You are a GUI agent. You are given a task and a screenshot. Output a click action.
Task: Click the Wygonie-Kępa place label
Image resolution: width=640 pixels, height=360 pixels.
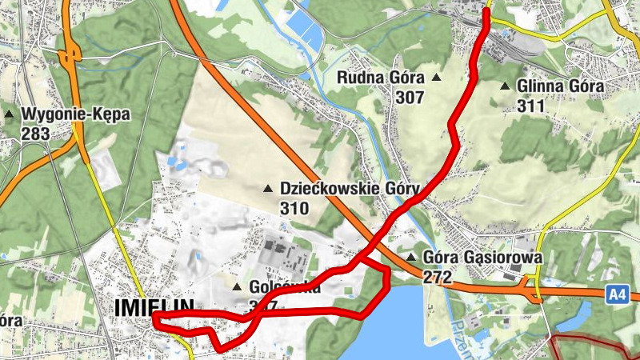point(77,114)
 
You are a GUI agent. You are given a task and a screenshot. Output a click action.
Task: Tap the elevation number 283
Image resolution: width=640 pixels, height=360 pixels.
point(36,134)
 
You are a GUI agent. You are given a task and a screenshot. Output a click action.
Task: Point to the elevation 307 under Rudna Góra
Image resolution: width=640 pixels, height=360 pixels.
point(409,97)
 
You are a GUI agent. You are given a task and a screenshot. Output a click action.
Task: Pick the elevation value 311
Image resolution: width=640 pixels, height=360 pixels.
point(530,106)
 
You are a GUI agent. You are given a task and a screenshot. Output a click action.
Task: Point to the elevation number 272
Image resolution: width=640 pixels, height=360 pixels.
point(438,278)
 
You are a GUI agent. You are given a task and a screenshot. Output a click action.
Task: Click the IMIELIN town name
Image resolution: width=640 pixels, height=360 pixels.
point(154,307)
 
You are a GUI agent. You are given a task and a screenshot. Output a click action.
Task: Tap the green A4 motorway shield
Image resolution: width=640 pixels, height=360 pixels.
point(615,294)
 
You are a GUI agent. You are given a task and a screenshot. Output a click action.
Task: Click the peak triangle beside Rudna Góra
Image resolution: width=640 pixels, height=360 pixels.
point(436,78)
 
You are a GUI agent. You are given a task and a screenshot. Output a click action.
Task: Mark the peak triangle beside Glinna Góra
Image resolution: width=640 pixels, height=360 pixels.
point(505,86)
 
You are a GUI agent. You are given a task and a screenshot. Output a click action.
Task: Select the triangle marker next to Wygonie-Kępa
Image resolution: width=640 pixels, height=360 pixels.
point(10,114)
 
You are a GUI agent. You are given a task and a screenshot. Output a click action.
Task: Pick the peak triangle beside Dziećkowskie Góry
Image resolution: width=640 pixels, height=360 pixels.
point(268,189)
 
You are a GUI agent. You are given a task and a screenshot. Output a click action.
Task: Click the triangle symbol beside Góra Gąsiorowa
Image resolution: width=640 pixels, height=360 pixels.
point(410,258)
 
